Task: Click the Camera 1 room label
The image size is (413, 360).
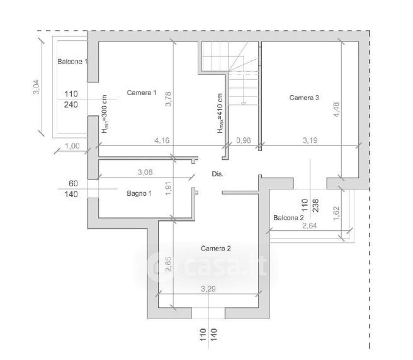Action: pyautogui.click(x=142, y=93)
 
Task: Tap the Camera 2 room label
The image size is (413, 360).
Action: pyautogui.click(x=216, y=249)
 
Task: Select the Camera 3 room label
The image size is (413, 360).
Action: pyautogui.click(x=304, y=98)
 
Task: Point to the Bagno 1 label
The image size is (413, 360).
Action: pyautogui.click(x=139, y=193)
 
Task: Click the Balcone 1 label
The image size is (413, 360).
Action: pyautogui.click(x=72, y=62)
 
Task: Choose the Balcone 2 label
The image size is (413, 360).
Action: pyautogui.click(x=288, y=218)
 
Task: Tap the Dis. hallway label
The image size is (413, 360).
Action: pyautogui.click(x=218, y=174)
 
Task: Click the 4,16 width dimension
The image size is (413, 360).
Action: pyautogui.click(x=162, y=140)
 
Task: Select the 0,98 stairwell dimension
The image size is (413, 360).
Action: pyautogui.click(x=244, y=140)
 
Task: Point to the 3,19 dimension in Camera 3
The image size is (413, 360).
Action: pyautogui.click(x=310, y=140)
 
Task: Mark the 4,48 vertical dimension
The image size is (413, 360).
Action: pyautogui.click(x=336, y=110)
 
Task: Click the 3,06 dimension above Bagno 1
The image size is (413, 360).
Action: pyautogui.click(x=145, y=172)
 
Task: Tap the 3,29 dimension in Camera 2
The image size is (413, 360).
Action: pyautogui.click(x=208, y=289)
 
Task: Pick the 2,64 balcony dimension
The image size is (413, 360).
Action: pyautogui.click(x=310, y=226)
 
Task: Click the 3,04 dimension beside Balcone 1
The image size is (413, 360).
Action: pyautogui.click(x=36, y=87)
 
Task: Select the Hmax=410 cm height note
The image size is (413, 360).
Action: pyautogui.click(x=220, y=113)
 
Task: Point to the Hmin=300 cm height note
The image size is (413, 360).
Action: pyautogui.click(x=105, y=114)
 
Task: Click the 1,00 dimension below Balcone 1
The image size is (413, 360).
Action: pyautogui.click(x=72, y=146)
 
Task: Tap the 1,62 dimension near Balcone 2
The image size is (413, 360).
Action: pyautogui.click(x=336, y=213)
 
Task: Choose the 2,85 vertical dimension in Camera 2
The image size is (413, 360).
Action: pyautogui.click(x=169, y=264)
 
